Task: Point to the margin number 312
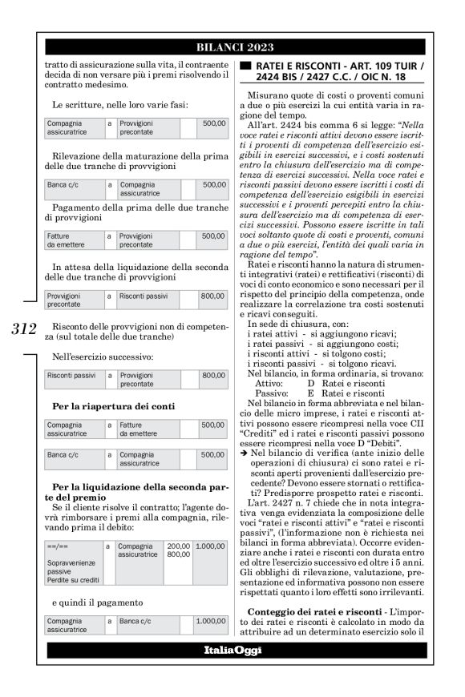click(26, 329)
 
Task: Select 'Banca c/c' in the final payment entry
click(134, 620)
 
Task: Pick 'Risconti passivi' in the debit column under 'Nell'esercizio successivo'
click(71, 374)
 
